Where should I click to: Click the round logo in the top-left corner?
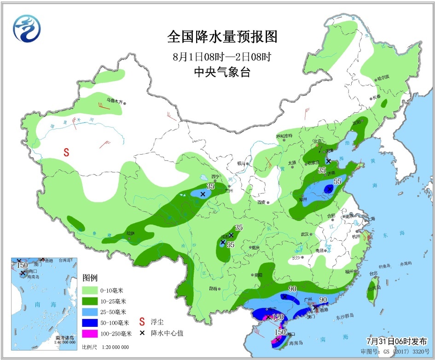click(x=27, y=27)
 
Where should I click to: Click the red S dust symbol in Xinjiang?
click(x=66, y=152)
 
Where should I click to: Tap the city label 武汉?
click(x=304, y=234)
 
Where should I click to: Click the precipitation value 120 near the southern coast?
click(x=277, y=317)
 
